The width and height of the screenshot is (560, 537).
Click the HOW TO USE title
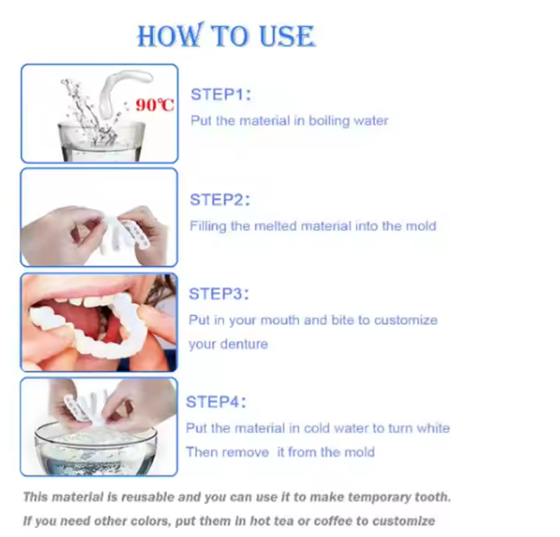click(x=227, y=35)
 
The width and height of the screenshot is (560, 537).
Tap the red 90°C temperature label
click(x=154, y=105)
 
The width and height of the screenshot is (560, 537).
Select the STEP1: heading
click(x=221, y=95)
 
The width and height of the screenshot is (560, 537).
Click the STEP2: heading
click(x=220, y=200)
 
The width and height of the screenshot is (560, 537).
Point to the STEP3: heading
click(x=218, y=294)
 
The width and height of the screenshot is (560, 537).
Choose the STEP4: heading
click(x=216, y=402)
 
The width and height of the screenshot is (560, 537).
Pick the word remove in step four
click(x=247, y=453)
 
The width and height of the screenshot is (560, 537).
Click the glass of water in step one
click(x=102, y=141)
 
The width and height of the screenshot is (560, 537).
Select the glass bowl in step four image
click(x=95, y=449)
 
